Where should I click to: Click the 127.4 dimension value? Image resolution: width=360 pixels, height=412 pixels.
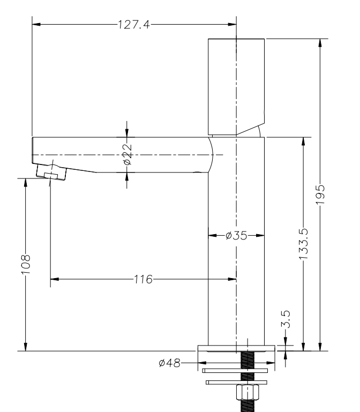[x=134, y=25]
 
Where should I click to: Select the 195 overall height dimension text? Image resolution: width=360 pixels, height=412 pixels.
[x=320, y=194]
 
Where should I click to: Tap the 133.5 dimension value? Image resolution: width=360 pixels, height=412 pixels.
[x=304, y=244]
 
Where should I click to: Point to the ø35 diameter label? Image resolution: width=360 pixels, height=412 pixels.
[x=236, y=235]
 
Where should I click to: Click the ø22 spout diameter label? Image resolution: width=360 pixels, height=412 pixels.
[x=127, y=154]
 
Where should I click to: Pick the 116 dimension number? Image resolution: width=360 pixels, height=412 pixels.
[x=143, y=279]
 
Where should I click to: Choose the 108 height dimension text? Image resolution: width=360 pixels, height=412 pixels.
[x=26, y=264]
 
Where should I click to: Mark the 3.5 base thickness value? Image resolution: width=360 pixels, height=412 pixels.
[x=286, y=319]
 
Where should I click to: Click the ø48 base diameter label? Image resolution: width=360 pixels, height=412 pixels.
[x=170, y=363]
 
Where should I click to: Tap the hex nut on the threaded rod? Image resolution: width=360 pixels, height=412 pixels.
[x=247, y=392]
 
